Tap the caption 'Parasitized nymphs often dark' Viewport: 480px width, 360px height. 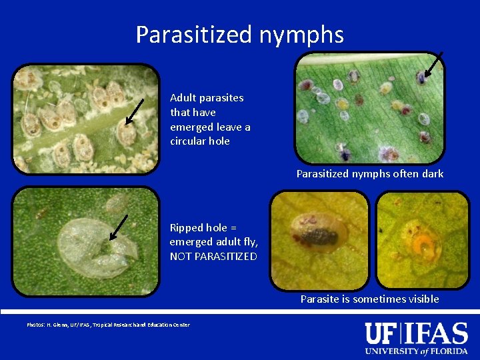click(370, 174)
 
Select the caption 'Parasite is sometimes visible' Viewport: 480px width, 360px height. click(369, 299)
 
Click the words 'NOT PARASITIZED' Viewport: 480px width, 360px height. click(213, 257)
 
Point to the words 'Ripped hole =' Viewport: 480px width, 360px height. click(199, 227)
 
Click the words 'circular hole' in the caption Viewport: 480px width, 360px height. click(200, 141)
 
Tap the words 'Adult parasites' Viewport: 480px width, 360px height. click(207, 98)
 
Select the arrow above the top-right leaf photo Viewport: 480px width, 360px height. click(433, 65)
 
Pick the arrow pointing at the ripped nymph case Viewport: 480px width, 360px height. click(119, 226)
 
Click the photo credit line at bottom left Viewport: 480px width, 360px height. click(108, 325)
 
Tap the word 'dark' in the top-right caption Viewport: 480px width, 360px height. click(432, 174)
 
